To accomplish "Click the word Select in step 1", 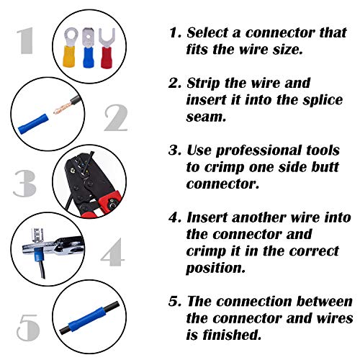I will (x=210, y=33).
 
